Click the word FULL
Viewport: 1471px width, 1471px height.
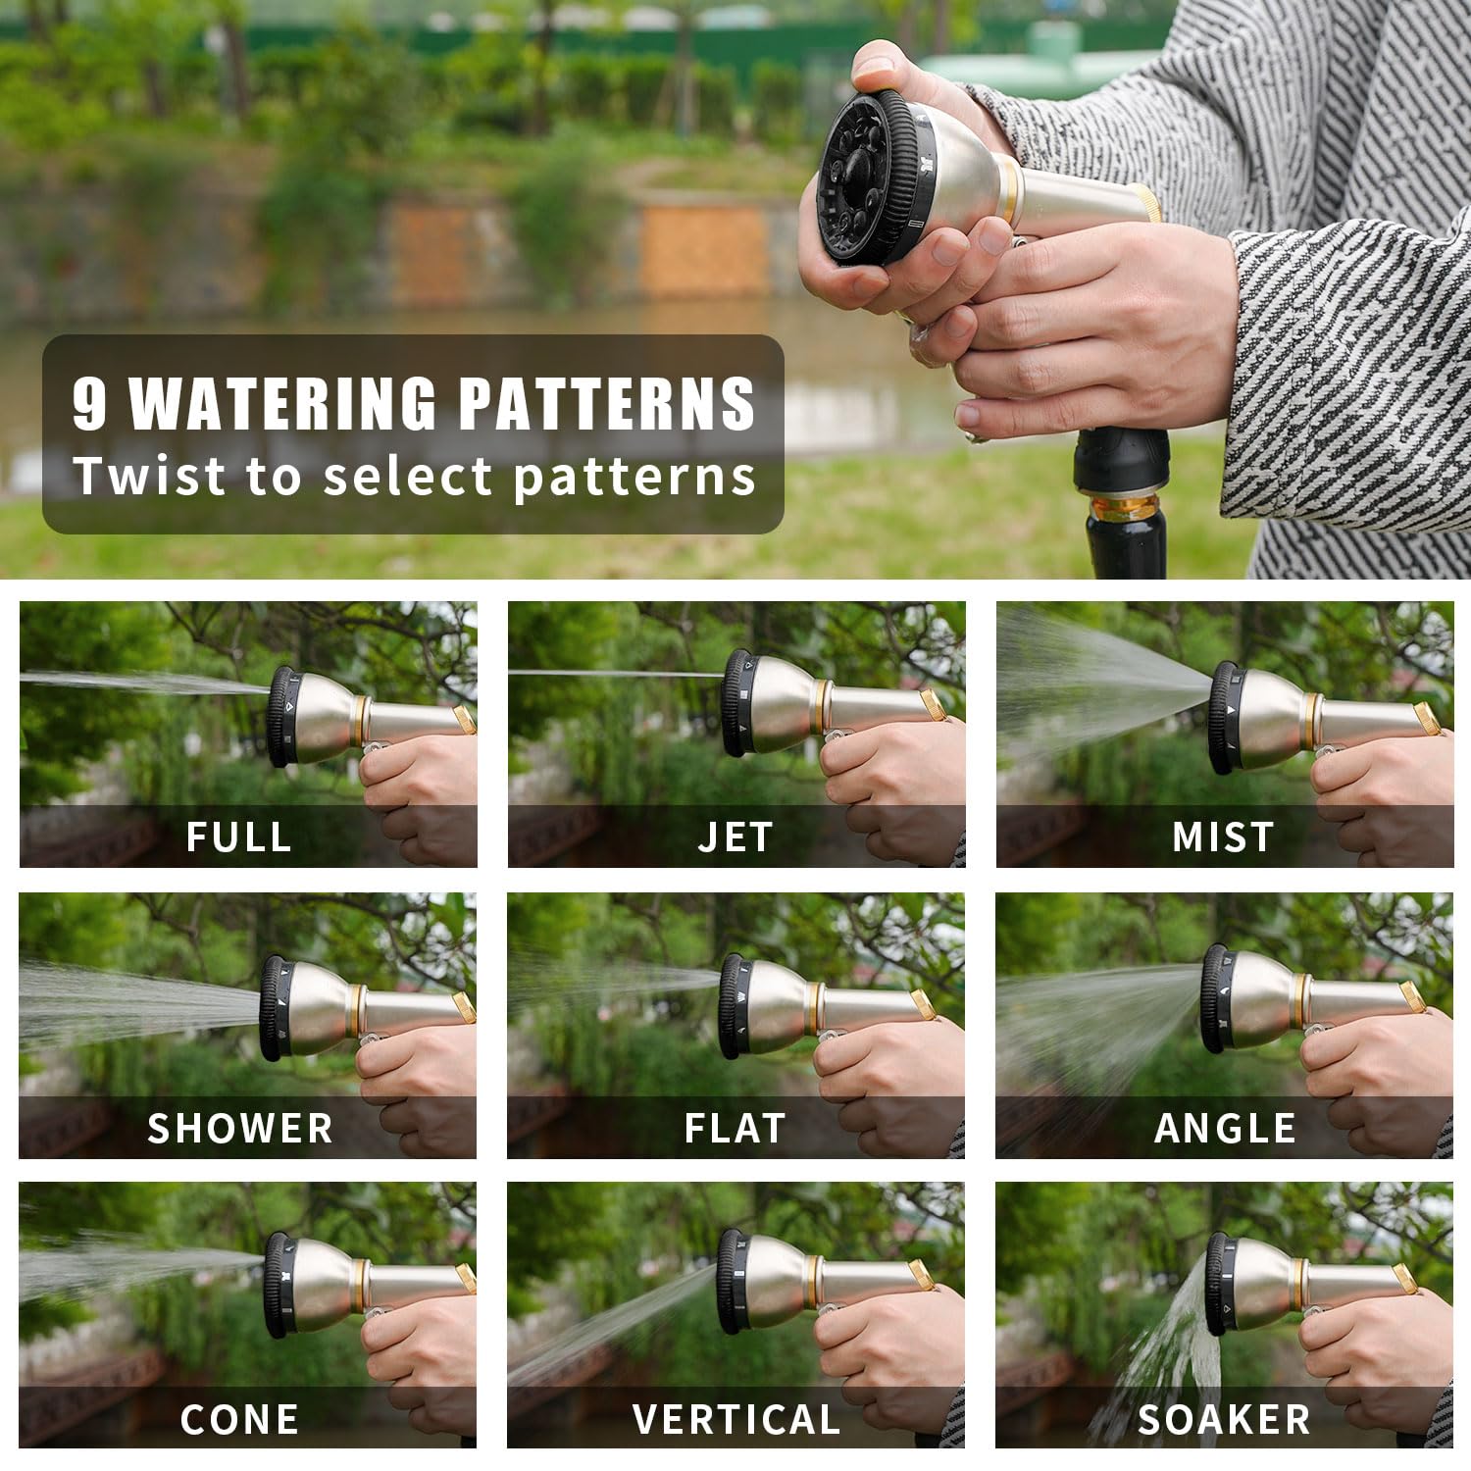[239, 837]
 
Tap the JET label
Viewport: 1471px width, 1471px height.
[735, 837]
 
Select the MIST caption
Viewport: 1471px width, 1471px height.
[1224, 837]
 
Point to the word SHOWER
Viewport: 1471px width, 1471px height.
[240, 1128]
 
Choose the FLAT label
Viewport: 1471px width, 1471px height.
[735, 1128]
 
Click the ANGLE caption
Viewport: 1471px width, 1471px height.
[1225, 1128]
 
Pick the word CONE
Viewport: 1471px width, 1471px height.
[239, 1419]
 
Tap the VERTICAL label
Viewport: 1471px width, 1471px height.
[736, 1419]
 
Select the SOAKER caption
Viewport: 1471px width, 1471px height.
[1224, 1419]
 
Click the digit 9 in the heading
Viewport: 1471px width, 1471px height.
[89, 403]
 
